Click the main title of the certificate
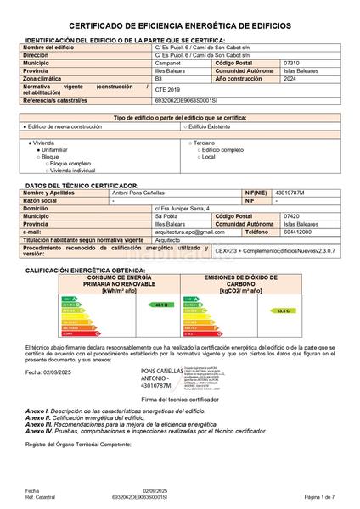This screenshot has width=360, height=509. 179,27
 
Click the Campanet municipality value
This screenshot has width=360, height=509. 169,63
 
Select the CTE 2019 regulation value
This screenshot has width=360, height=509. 168,89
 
